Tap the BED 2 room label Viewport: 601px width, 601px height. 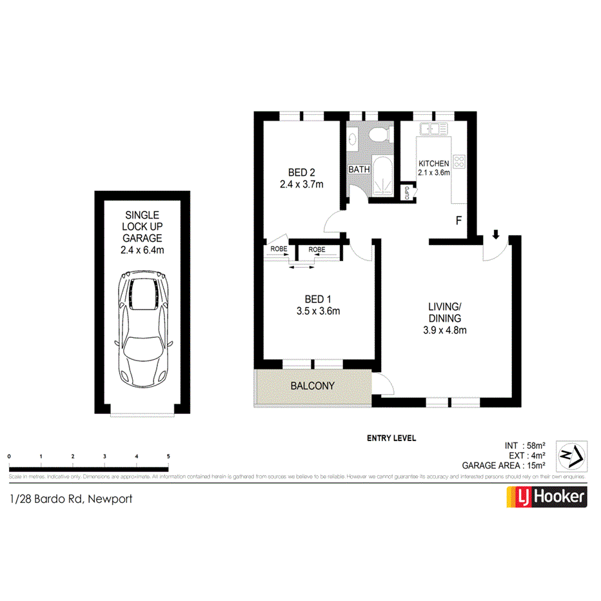coord(301,172)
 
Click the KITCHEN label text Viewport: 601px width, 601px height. coord(433,164)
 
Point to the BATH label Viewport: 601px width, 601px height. coord(359,170)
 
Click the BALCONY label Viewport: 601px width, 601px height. coord(313,386)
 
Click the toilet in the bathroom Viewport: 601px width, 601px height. coord(380,135)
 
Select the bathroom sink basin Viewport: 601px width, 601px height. coord(353,138)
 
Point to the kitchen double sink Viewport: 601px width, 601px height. coord(434,129)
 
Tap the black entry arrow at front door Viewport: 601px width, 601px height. coord(495,235)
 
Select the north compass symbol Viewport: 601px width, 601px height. coord(571,455)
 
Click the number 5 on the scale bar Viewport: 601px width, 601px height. coord(168,457)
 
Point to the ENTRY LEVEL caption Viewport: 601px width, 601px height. coord(391,438)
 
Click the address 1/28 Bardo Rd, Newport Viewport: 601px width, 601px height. coord(71,498)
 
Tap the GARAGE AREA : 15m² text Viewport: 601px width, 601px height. coord(504,466)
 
